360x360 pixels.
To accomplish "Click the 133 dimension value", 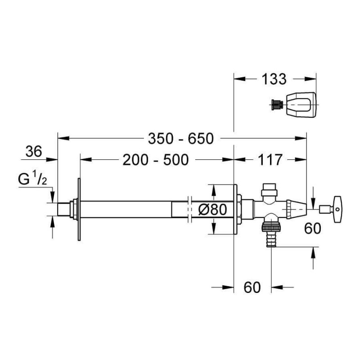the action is (x=274, y=79).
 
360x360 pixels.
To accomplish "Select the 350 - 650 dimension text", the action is (x=181, y=139).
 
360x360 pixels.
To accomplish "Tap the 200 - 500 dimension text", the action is (x=156, y=160).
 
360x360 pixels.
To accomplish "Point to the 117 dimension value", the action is (x=270, y=160).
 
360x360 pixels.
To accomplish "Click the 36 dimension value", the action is (x=34, y=151).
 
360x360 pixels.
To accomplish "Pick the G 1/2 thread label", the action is (x=32, y=179).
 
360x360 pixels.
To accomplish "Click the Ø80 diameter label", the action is (x=212, y=209).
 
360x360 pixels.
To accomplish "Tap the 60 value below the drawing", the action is (x=252, y=287).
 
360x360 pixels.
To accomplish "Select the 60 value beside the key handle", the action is (x=313, y=229).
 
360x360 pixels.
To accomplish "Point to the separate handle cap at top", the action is (x=301, y=104).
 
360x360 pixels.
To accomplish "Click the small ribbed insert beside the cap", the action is (x=277, y=105).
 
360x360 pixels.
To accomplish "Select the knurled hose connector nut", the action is (x=271, y=227).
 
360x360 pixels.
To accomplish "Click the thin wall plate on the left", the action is (x=79, y=209).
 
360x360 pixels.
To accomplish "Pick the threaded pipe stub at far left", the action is (x=63, y=209).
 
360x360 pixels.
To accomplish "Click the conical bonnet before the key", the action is (x=297, y=209).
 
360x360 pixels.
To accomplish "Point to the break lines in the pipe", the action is (x=189, y=209).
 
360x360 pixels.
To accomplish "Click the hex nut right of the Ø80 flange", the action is (x=239, y=209).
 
